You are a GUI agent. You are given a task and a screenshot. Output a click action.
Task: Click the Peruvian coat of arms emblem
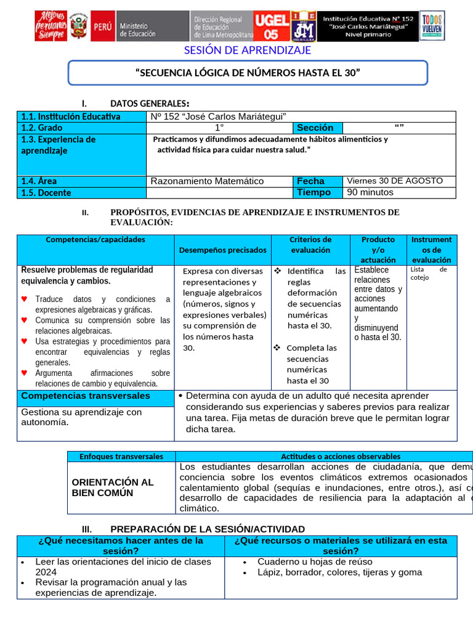[77, 27]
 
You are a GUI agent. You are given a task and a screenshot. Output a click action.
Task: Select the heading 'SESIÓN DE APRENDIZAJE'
[248, 50]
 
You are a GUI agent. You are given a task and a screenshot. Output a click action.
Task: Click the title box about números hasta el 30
[248, 73]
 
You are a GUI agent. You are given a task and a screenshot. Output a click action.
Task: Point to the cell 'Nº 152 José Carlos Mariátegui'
[219, 116]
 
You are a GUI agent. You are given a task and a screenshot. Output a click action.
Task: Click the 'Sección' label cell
[315, 128]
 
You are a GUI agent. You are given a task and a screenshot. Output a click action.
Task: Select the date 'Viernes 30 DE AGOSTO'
[395, 181]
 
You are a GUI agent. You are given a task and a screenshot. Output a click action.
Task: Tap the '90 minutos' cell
[370, 192]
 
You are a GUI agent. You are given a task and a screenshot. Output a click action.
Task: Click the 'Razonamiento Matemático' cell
[207, 181]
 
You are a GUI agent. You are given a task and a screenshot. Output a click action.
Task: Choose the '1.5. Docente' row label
[46, 193]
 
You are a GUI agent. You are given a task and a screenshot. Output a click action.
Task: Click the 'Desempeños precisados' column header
[223, 250]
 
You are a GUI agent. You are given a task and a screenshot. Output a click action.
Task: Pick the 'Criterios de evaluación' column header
[310, 245]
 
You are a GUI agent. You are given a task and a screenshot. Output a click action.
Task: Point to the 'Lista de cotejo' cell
[429, 273]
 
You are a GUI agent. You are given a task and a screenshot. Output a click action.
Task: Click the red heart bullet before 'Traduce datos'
[24, 299]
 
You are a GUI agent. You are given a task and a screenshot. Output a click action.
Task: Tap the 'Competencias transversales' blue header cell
[86, 396]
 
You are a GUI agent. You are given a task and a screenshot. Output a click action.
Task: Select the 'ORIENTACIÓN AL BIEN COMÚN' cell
[113, 487]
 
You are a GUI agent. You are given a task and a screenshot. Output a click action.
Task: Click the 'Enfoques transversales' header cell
[121, 457]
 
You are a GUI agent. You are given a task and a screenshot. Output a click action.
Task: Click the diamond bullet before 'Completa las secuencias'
[277, 348]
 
